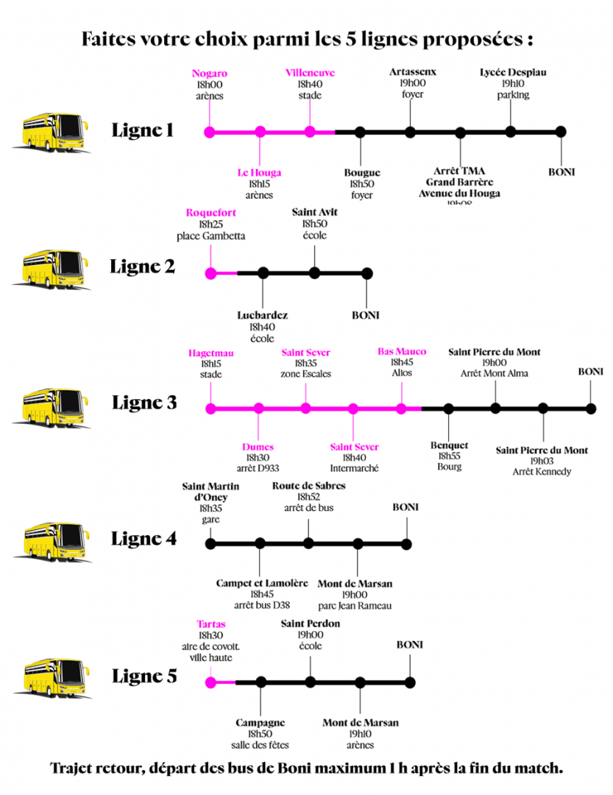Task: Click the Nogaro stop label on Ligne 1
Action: click(x=210, y=73)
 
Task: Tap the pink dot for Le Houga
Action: click(x=260, y=132)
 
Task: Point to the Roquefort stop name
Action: click(x=211, y=213)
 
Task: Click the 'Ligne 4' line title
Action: click(x=144, y=538)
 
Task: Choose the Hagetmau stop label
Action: click(x=210, y=352)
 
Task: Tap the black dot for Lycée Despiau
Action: click(x=511, y=132)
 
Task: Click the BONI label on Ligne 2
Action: click(x=366, y=315)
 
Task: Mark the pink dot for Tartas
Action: click(x=210, y=682)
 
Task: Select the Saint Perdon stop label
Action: click(x=311, y=623)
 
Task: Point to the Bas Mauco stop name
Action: click(x=402, y=352)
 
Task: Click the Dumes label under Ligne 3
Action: click(x=258, y=447)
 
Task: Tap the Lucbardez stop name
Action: click(x=263, y=315)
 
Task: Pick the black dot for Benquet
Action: click(x=448, y=408)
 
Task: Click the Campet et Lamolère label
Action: click(x=262, y=583)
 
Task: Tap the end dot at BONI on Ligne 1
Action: click(x=561, y=132)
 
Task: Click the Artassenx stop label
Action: click(x=413, y=72)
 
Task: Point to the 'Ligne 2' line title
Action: click(x=143, y=266)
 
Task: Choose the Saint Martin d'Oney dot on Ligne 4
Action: click(x=210, y=544)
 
